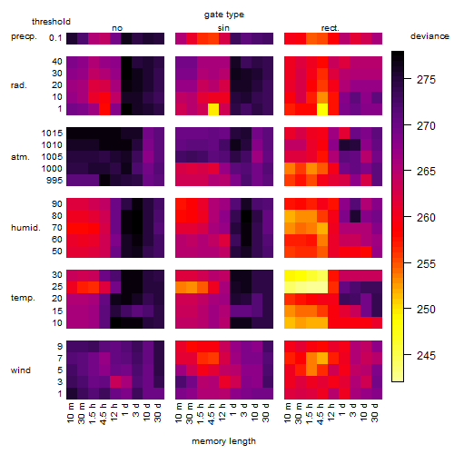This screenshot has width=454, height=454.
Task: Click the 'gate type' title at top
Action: click(224, 15)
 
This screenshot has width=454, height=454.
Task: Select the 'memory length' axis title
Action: click(223, 441)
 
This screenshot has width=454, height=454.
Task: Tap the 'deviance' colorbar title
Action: click(429, 36)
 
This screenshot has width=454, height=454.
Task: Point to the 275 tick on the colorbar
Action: click(408, 80)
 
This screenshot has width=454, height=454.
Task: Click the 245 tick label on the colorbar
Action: click(426, 355)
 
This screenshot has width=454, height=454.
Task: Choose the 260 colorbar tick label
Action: click(426, 218)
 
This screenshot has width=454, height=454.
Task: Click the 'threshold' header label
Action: click(51, 22)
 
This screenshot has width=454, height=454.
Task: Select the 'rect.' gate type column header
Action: click(330, 28)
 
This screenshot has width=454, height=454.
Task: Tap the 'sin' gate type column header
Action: click(223, 28)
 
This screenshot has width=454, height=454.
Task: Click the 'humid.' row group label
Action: click(25, 228)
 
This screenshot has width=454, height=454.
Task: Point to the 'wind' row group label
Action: click(21, 370)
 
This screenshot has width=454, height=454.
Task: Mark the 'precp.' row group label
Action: click(24, 36)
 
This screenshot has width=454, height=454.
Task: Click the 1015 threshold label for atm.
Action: click(52, 133)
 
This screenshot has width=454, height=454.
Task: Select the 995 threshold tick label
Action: click(54, 181)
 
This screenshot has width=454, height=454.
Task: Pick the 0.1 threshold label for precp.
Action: click(55, 38)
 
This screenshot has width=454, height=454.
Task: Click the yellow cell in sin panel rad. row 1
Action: click(213, 109)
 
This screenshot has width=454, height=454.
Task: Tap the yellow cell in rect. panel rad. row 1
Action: click(322, 109)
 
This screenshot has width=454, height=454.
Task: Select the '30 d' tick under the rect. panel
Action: click(375, 413)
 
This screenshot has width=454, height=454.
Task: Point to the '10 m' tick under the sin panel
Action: click(179, 413)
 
